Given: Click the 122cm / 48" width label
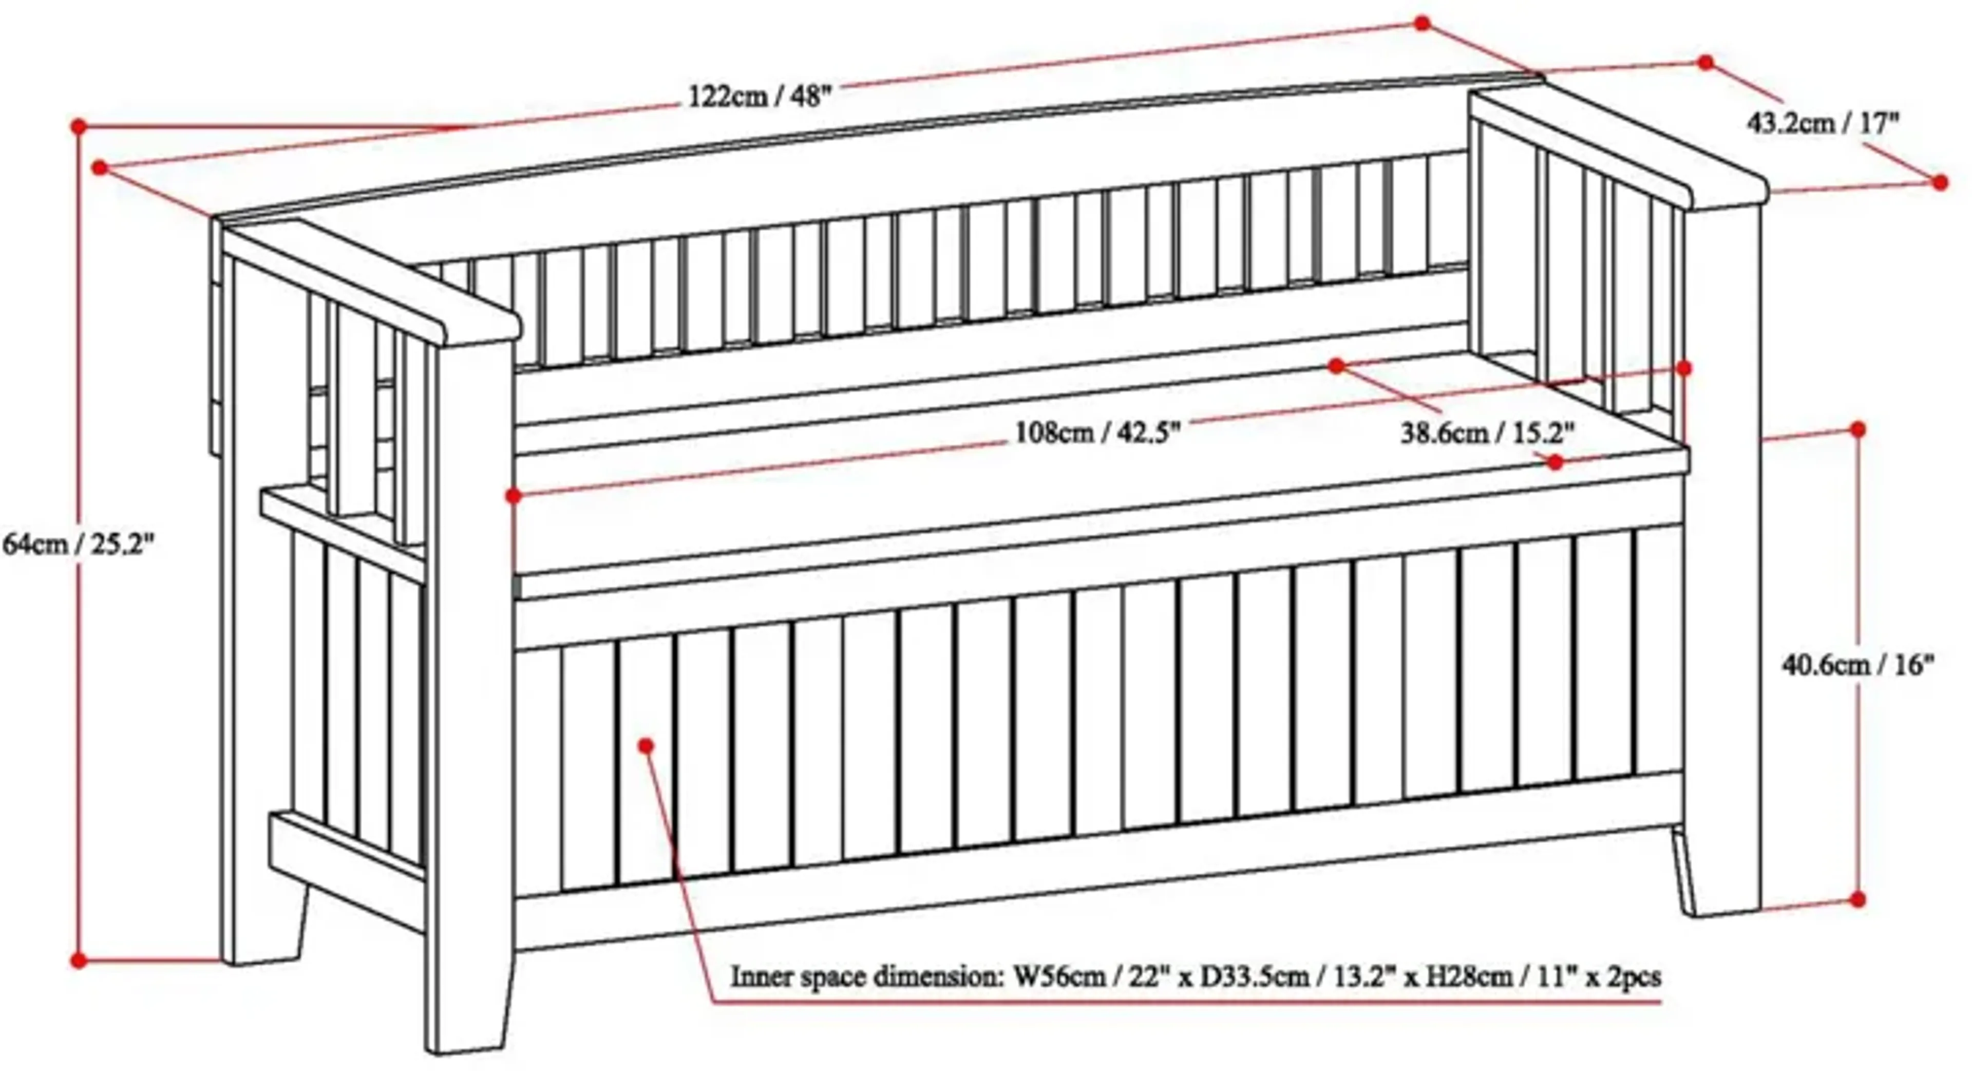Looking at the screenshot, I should pyautogui.click(x=760, y=97).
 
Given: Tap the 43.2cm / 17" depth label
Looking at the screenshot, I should pyautogui.click(x=1823, y=122).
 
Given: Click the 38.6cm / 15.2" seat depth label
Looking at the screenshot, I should pyautogui.click(x=1487, y=434).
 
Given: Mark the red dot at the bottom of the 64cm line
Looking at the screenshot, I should pyautogui.click(x=78, y=960).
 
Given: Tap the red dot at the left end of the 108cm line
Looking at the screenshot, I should pyautogui.click(x=514, y=496).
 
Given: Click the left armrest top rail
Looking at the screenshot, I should pyautogui.click(x=368, y=283).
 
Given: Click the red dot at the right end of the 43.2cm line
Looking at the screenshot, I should pyautogui.click(x=1940, y=182).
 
